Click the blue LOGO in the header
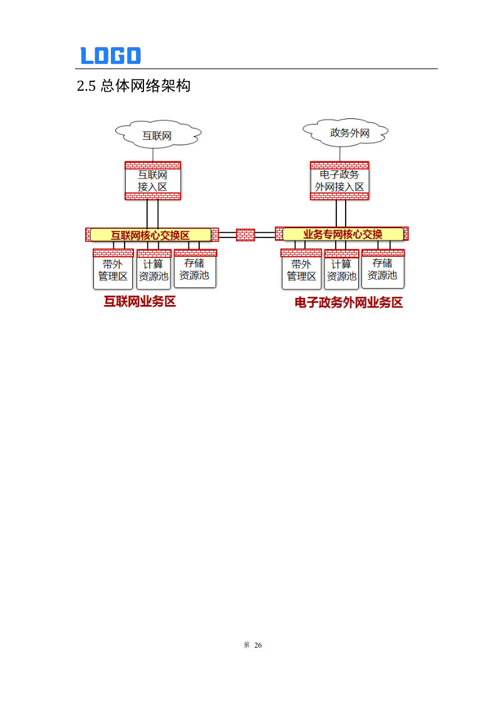tap(111, 56)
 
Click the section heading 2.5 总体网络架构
tap(133, 86)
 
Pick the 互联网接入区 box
tap(153, 181)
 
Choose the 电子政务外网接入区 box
tap(339, 180)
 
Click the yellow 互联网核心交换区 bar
tap(150, 235)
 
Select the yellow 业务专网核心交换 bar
tap(343, 234)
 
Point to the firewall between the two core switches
tap(245, 235)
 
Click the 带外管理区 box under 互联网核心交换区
tap(113, 270)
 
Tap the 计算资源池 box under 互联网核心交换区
tap(153, 270)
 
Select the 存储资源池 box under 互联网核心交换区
tap(195, 269)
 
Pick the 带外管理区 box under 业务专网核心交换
tap(301, 270)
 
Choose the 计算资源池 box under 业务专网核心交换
tap(341, 270)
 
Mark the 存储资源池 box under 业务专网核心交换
tap(383, 269)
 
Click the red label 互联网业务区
tap(140, 302)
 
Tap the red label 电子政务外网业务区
tap(349, 303)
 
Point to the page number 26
tap(258, 645)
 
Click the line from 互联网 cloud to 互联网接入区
tap(153, 154)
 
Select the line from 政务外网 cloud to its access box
tap(339, 153)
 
